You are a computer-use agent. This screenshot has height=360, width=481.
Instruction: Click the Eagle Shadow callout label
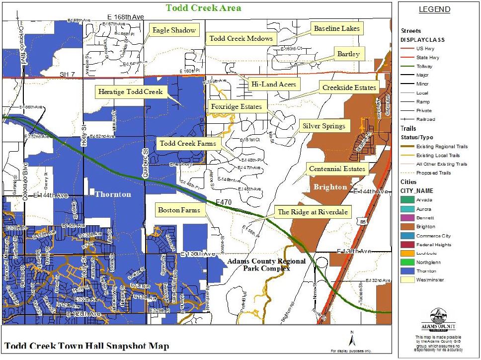[174, 31]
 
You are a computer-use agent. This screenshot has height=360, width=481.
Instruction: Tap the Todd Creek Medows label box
[241, 39]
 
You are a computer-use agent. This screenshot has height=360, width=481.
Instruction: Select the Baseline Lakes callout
[336, 29]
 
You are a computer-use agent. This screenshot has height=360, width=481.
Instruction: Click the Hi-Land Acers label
[274, 85]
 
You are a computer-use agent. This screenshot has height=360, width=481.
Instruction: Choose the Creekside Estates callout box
[349, 88]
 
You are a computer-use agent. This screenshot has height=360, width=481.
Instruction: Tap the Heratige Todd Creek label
[130, 92]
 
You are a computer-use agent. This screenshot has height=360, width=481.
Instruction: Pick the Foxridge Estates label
[236, 106]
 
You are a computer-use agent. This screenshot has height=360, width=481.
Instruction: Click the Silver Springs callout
[324, 126]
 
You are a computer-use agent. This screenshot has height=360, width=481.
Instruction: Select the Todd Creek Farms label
[187, 144]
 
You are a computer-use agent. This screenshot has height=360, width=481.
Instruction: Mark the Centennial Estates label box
[337, 169]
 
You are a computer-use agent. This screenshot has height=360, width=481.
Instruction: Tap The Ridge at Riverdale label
[314, 212]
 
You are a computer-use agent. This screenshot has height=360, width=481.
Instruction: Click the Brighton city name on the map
[330, 187]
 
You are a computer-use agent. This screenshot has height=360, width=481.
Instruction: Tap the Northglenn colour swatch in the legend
[407, 262]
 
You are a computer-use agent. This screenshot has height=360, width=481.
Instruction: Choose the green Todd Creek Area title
[203, 8]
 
